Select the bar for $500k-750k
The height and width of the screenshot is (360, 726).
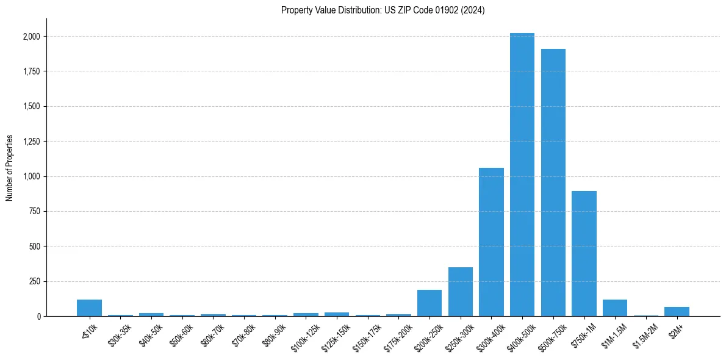(x=553, y=182)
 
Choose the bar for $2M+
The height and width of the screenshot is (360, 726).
(x=677, y=312)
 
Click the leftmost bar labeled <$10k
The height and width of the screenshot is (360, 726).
(x=89, y=308)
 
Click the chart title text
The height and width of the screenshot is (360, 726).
(x=383, y=10)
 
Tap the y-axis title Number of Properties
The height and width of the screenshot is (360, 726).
(x=10, y=168)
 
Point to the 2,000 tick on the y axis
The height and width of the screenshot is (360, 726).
(x=32, y=37)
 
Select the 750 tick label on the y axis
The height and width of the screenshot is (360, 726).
(x=35, y=212)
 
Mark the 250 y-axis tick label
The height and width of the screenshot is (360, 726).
(x=35, y=282)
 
